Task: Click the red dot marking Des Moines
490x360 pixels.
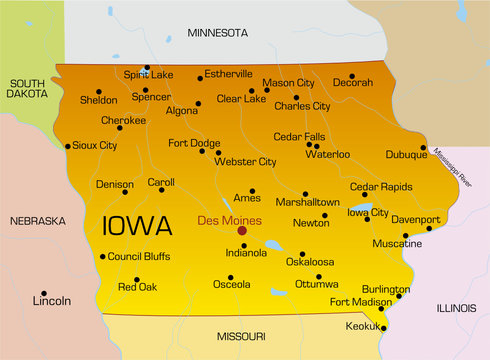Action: click(x=241, y=230)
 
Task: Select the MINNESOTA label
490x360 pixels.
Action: click(x=217, y=33)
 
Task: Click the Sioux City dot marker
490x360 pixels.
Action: click(x=68, y=146)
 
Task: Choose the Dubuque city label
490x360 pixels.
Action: click(x=405, y=155)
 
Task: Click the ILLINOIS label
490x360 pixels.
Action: click(x=455, y=308)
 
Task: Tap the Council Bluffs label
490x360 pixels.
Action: click(x=138, y=256)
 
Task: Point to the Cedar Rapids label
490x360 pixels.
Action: click(x=380, y=187)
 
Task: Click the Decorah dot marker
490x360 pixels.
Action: click(x=352, y=76)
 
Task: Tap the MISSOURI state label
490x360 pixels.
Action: click(x=241, y=335)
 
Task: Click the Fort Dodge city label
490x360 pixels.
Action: click(x=193, y=143)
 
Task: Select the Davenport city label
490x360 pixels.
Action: click(x=415, y=219)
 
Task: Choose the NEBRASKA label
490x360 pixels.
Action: click(x=37, y=220)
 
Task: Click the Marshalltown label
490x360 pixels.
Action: click(x=307, y=202)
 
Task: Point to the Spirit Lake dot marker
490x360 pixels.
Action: click(x=147, y=68)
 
